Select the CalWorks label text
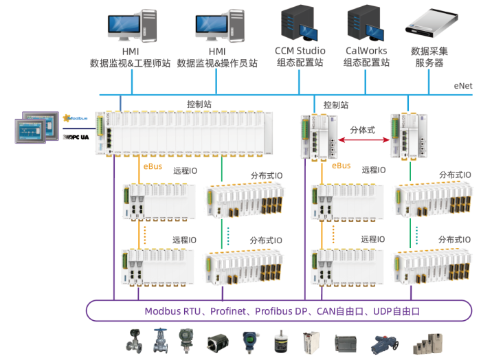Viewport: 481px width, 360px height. point(366,51)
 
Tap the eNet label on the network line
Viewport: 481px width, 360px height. point(462,87)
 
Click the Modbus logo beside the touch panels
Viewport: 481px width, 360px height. point(76,117)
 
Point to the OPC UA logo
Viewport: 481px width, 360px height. point(76,137)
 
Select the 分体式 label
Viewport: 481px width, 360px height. point(362,129)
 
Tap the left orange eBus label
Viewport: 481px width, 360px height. point(152,166)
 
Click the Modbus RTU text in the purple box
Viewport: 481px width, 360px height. point(172,311)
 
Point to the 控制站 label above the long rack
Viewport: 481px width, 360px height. point(199,104)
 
